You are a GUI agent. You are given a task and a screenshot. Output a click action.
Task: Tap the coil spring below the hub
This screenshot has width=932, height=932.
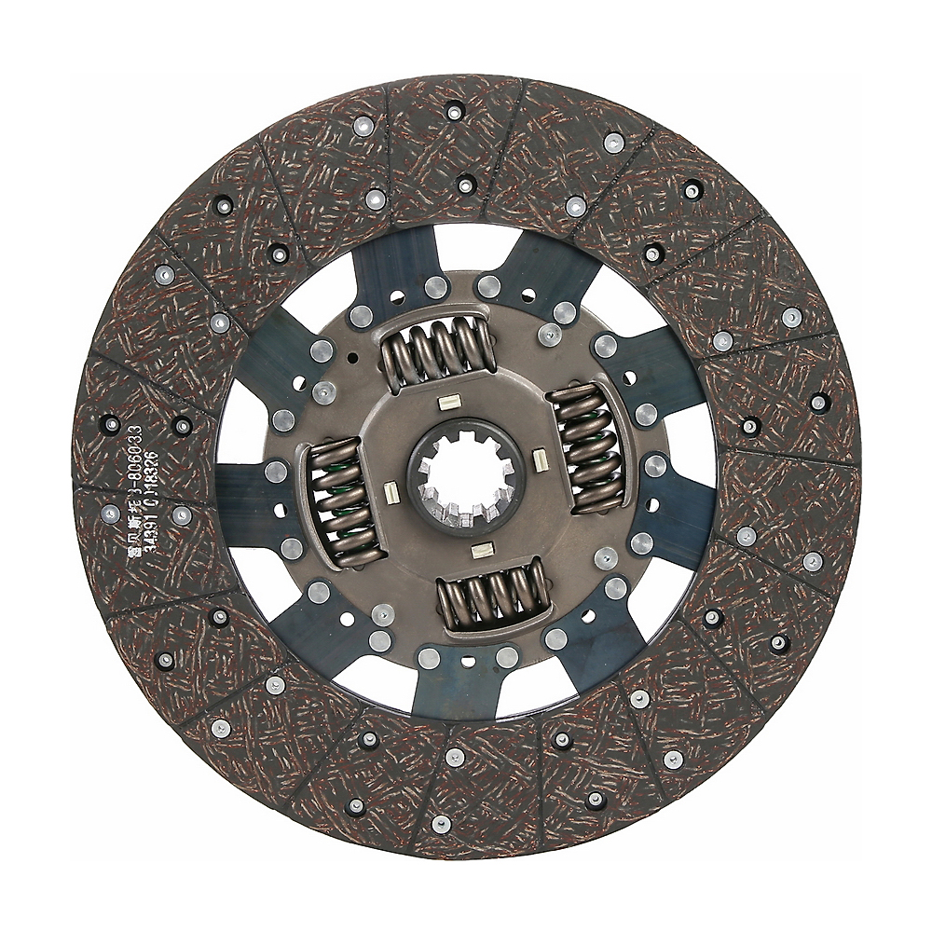click(x=494, y=594)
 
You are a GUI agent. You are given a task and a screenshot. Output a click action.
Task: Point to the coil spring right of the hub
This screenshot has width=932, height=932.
click(x=585, y=447)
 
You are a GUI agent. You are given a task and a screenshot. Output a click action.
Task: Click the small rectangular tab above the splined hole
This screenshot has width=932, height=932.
click(x=448, y=403)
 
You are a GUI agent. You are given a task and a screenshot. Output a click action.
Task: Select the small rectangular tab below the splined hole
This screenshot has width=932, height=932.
click(x=483, y=550)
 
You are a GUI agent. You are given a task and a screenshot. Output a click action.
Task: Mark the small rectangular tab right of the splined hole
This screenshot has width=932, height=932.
click(x=539, y=459)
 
